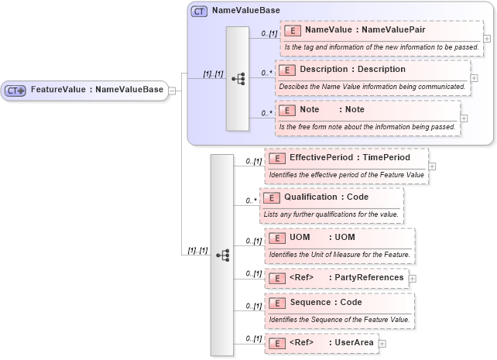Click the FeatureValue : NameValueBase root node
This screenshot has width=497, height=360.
(x=84, y=90)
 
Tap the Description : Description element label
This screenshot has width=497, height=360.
(x=352, y=70)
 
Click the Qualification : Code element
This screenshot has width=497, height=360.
(x=326, y=197)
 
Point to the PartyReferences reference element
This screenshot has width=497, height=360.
(x=337, y=277)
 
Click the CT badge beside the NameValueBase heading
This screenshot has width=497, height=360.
(x=199, y=12)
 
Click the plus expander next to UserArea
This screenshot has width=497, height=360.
(x=382, y=343)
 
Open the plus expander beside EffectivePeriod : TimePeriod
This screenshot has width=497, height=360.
(x=432, y=166)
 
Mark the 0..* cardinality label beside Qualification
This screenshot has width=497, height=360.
(x=252, y=201)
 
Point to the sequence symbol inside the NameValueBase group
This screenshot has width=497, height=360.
(x=238, y=78)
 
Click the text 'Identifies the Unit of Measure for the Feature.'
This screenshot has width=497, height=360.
(x=339, y=254)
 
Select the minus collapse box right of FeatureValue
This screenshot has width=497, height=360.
(x=172, y=91)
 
